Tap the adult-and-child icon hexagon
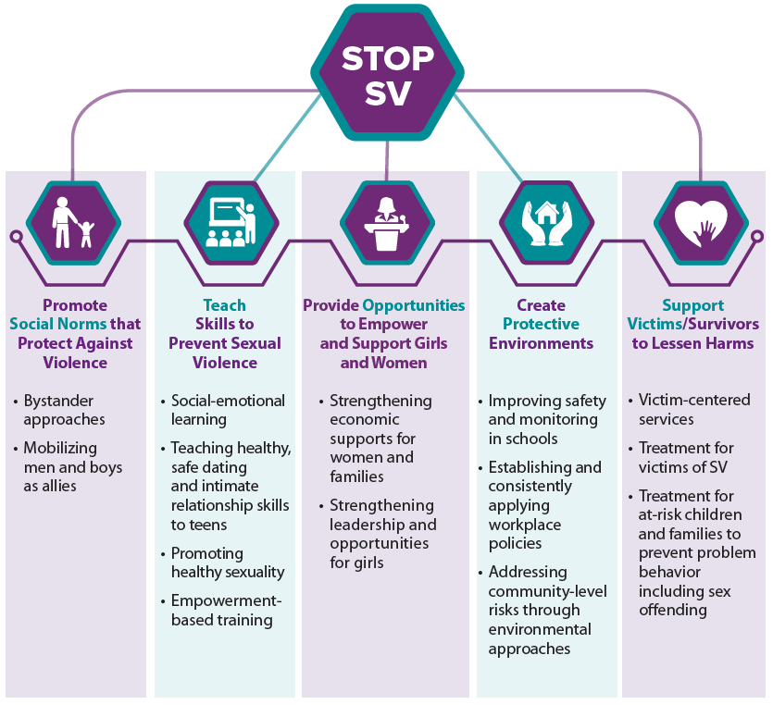(73, 223)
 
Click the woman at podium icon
(388, 223)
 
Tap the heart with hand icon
(701, 223)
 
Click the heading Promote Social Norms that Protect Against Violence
(75, 333)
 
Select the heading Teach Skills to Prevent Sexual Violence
(224, 333)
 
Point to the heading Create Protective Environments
(541, 324)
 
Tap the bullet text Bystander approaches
(65, 410)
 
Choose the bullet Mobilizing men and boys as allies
(72, 467)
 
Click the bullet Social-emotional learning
(228, 410)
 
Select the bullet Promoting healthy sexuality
(228, 563)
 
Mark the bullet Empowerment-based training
(226, 611)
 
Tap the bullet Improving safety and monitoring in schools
(547, 419)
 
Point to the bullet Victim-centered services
(694, 410)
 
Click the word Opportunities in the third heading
(414, 305)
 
